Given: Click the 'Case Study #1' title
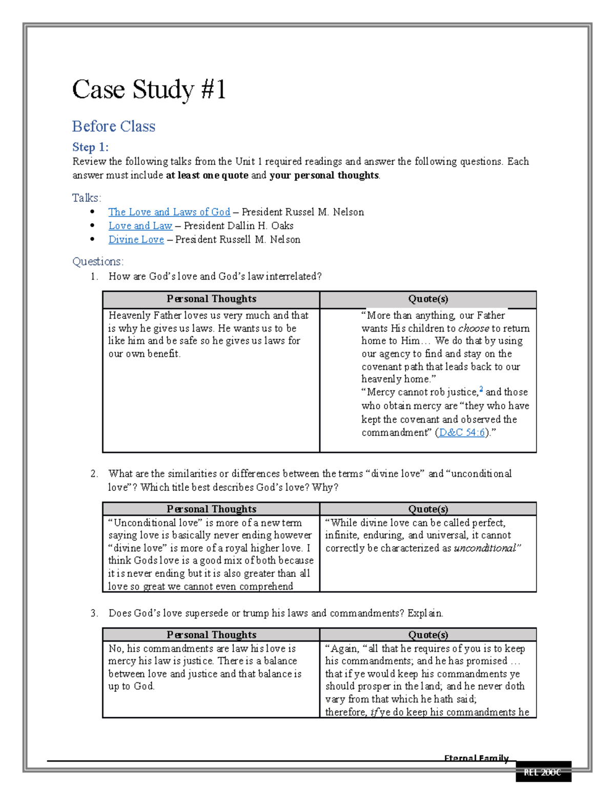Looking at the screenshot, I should (x=149, y=90).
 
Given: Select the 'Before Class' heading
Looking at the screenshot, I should (x=114, y=126).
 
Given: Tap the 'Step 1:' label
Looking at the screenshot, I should (x=90, y=147).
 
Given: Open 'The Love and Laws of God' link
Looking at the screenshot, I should (x=169, y=212).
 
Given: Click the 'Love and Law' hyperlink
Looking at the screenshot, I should (x=140, y=226).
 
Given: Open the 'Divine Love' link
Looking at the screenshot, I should (x=136, y=240).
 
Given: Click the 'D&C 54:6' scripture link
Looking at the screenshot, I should (x=462, y=433).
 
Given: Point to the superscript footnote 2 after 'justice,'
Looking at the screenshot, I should (x=481, y=390).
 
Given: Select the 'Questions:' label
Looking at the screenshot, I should (x=98, y=262).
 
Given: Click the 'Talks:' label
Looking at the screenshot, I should (x=87, y=198).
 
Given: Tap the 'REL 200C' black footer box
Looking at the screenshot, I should (x=543, y=772).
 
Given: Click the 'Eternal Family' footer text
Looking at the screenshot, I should (x=476, y=758).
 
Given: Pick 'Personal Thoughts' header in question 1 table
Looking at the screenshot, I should (x=211, y=299).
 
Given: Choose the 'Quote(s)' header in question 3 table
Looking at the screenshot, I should (x=428, y=635).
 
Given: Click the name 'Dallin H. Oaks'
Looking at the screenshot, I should (x=264, y=226).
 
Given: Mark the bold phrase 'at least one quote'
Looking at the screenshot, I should (x=207, y=175).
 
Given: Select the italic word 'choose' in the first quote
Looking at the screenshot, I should (x=474, y=328).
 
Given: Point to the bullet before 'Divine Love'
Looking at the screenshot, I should (x=92, y=239).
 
